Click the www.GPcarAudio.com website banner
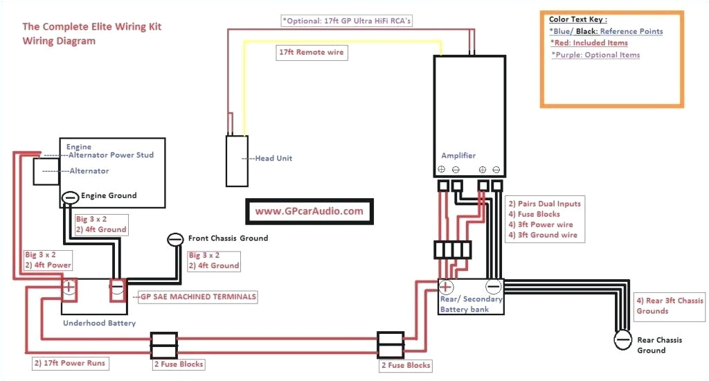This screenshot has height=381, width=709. pyautogui.click(x=309, y=211)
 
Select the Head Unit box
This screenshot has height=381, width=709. pyautogui.click(x=236, y=161)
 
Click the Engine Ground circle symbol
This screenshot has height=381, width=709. pyautogui.click(x=70, y=197)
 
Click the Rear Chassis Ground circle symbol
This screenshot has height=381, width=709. pyautogui.click(x=623, y=339)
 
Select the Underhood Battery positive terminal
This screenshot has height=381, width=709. pyautogui.click(x=70, y=286)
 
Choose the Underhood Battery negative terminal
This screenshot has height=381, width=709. pyautogui.click(x=117, y=286)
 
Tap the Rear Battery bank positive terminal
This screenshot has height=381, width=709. pyautogui.click(x=447, y=286)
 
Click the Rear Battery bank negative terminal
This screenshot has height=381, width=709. pyautogui.click(x=493, y=286)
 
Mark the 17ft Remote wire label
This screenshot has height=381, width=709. pyautogui.click(x=311, y=52)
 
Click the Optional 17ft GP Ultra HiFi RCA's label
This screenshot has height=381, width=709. pyautogui.click(x=347, y=21)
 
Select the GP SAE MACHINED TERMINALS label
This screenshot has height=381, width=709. pyautogui.click(x=199, y=296)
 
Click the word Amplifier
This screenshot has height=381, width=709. pyautogui.click(x=458, y=155)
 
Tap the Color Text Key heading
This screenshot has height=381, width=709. pyautogui.click(x=578, y=19)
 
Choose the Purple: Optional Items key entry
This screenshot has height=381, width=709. pyautogui.click(x=595, y=55)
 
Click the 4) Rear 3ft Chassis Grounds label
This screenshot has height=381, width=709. pyautogui.click(x=670, y=305)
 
